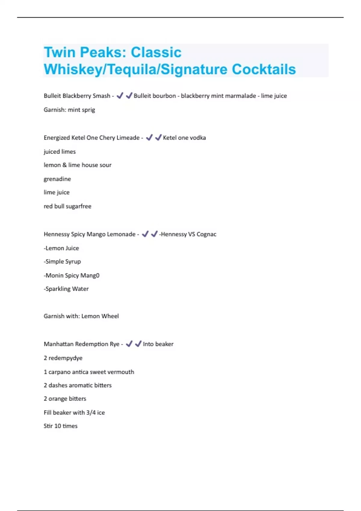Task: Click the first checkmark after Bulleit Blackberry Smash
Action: (120, 96)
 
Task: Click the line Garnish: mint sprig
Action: (69, 110)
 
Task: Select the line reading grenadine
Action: (57, 179)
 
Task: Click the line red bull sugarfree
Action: (67, 206)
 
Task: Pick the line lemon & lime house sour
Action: (77, 165)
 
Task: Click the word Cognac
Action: (206, 234)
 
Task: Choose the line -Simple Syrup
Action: (62, 262)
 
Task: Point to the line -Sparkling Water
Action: (66, 289)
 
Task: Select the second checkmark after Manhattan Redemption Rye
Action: (138, 344)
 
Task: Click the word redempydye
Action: (65, 358)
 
